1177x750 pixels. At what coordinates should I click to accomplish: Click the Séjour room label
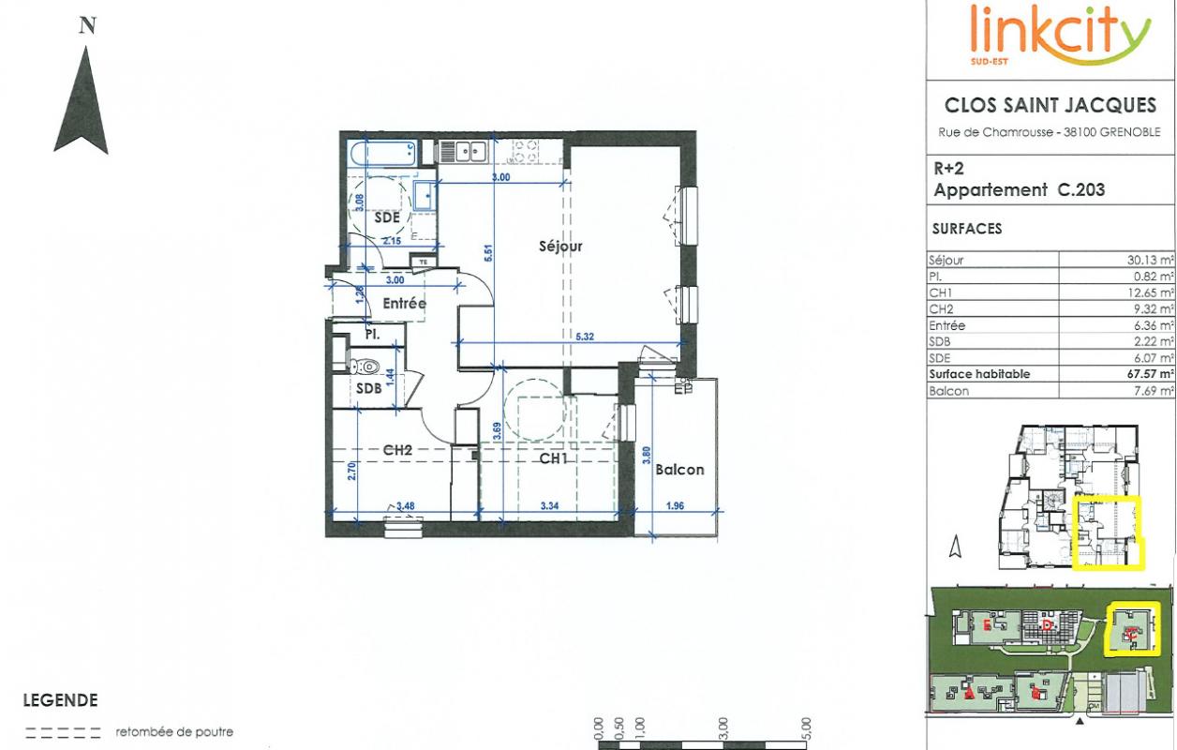coord(560,247)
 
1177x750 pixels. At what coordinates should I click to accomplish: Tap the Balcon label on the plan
coord(678,469)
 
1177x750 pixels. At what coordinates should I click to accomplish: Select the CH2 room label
coord(398,450)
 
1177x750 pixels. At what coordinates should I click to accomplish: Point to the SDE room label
coord(387,217)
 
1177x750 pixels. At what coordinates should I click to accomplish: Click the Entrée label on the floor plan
coord(404,304)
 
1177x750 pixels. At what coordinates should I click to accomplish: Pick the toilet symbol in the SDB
coord(366,367)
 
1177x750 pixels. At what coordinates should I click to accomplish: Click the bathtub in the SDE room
coord(382,154)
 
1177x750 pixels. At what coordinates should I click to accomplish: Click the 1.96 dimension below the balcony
coord(675,507)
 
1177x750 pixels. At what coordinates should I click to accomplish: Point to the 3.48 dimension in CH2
coord(406,507)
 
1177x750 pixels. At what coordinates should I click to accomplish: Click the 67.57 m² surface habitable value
coord(1150,374)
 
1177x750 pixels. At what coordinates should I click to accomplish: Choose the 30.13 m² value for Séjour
coord(1150,262)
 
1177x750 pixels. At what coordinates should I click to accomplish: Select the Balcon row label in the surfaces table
coord(948,391)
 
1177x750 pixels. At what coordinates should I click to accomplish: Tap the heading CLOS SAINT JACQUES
coord(1050,106)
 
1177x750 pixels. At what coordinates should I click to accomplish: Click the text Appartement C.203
coord(1020,190)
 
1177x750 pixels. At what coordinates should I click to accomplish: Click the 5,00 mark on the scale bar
coord(806,727)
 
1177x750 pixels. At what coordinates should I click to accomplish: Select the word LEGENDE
coord(60,700)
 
